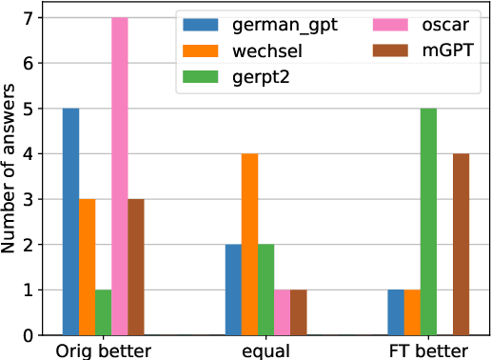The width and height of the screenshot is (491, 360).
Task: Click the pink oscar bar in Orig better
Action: click(120, 177)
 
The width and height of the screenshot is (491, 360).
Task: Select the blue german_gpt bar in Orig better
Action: click(70, 222)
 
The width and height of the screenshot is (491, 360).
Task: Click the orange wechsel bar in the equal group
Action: click(249, 245)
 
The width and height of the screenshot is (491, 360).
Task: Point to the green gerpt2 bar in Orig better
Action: click(103, 312)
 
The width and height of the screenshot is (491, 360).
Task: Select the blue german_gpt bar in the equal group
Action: click(233, 290)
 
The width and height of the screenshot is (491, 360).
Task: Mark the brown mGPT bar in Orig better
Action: click(136, 268)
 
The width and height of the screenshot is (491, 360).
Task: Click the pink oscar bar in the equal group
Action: click(283, 312)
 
